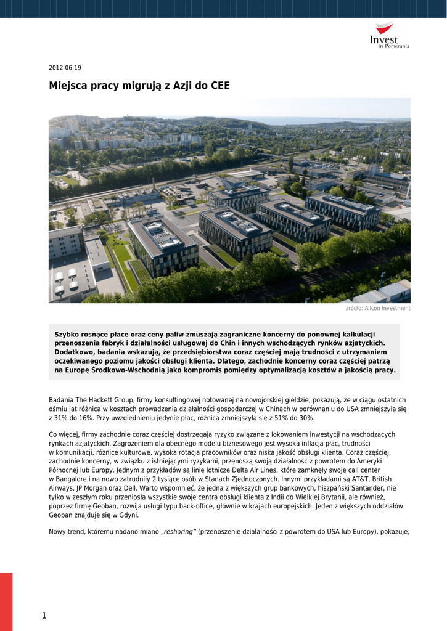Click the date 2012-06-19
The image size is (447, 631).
click(65, 68)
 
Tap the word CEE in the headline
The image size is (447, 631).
click(219, 86)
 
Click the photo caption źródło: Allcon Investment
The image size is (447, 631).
click(378, 308)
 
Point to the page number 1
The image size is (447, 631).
click(44, 615)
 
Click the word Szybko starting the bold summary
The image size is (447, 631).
click(68, 334)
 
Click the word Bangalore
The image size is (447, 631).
click(73, 479)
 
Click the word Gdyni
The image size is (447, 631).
click(128, 515)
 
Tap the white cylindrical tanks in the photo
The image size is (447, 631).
click(65, 279)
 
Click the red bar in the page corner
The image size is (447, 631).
click(6, 601)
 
